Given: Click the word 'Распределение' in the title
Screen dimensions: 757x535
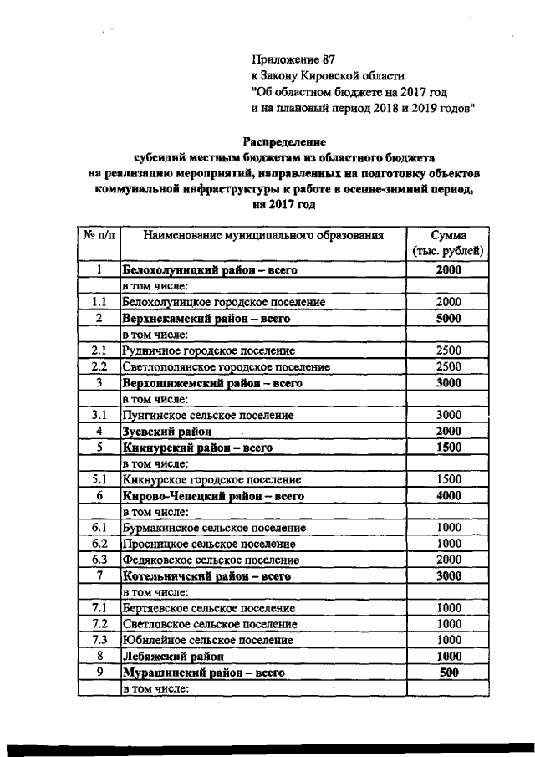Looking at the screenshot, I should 284,142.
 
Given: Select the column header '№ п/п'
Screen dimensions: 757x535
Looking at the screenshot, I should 99,236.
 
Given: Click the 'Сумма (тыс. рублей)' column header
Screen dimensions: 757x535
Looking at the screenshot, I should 448,243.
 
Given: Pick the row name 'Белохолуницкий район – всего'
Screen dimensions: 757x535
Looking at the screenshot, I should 211,270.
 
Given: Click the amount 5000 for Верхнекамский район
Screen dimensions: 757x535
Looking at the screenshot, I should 448,318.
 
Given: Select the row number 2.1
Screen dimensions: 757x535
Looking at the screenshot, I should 99,350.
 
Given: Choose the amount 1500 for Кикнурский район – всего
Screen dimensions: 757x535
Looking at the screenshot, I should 448,448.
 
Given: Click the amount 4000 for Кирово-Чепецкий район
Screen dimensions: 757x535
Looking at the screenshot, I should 448,496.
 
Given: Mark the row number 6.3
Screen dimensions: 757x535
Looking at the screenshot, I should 99,560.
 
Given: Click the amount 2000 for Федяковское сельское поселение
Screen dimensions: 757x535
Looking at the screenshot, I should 448,560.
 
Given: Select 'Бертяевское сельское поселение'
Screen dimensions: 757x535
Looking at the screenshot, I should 208,608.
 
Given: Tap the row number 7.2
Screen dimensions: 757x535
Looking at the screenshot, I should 99,624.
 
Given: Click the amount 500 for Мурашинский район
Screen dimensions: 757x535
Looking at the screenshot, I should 448,673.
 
